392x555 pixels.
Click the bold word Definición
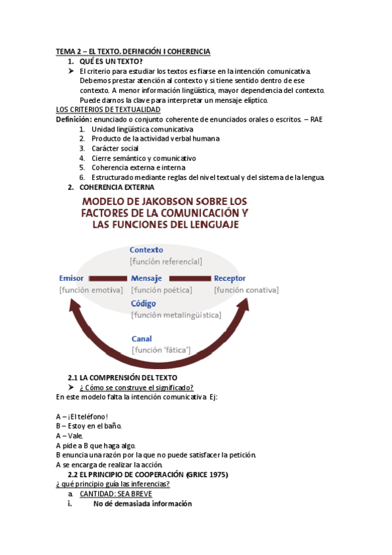(73, 119)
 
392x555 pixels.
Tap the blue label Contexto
(147, 249)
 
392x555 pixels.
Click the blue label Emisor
(71, 278)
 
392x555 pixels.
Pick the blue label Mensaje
(147, 278)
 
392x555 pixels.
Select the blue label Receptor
(230, 278)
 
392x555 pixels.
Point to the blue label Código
(143, 304)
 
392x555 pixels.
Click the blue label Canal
(141, 339)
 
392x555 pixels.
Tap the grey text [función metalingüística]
(176, 315)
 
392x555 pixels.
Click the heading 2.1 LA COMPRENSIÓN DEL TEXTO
(122, 378)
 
